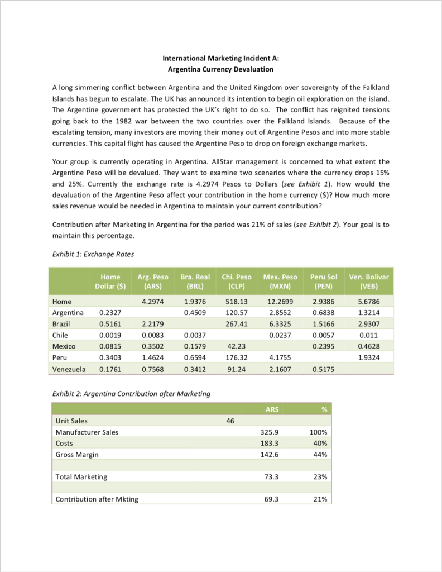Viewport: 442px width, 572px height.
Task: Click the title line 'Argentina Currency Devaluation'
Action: pos(220,69)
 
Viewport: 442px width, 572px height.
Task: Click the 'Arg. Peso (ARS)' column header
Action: pos(152,282)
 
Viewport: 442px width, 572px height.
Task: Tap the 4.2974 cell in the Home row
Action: pos(152,302)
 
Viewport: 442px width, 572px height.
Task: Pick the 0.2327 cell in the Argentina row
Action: pos(109,313)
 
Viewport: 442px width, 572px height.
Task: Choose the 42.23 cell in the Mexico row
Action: pos(238,347)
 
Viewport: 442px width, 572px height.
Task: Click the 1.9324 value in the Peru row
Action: pos(368,358)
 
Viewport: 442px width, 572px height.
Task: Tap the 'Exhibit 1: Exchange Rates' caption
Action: pos(92,255)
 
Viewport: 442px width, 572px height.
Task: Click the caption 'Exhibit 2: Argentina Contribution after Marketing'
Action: pos(131,394)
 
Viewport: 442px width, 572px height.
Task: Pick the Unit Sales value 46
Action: pos(230,421)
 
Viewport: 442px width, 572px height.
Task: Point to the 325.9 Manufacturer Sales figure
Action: pos(270,432)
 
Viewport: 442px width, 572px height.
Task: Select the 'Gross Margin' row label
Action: pos(77,455)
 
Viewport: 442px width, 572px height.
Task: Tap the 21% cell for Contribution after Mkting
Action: pos(320,499)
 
